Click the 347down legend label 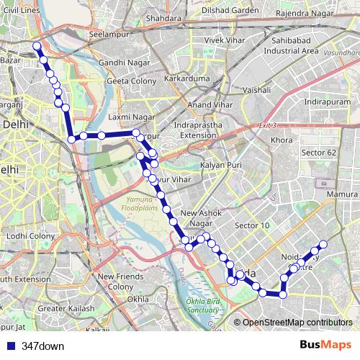(42, 346)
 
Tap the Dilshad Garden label (230, 11)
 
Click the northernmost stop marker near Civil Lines (37, 47)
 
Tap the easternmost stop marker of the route (323, 244)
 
